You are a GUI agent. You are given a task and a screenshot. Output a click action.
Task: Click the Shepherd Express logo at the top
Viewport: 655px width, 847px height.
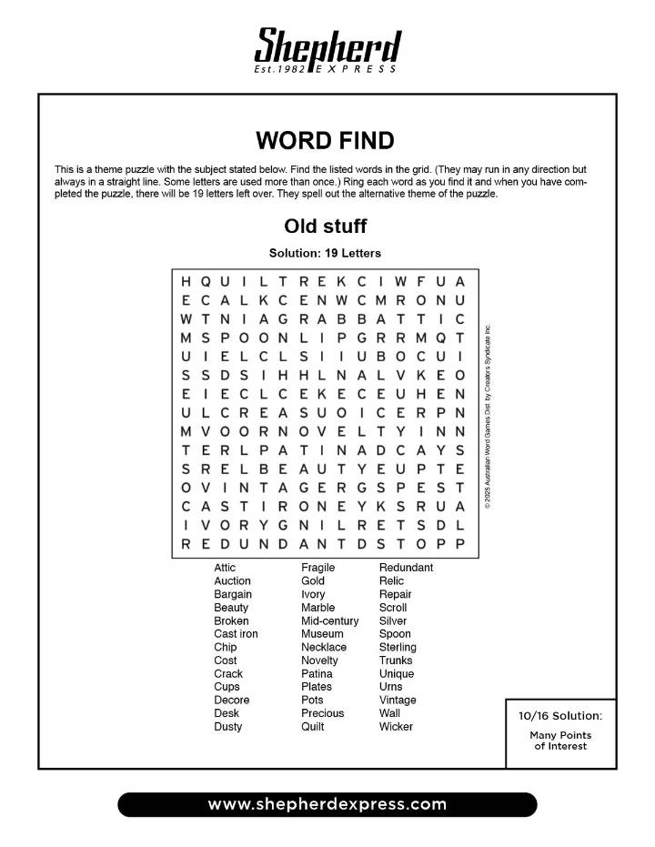click(327, 47)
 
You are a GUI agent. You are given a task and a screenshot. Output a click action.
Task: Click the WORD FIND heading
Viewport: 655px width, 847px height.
click(325, 140)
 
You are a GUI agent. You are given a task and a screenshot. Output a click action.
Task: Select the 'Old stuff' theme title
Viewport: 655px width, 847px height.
click(325, 226)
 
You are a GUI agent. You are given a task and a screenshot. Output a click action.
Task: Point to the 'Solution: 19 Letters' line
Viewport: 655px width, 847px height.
click(325, 252)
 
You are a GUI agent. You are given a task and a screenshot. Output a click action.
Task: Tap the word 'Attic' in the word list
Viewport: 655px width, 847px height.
click(225, 568)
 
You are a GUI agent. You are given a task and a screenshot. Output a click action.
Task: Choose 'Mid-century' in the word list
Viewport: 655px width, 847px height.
click(329, 620)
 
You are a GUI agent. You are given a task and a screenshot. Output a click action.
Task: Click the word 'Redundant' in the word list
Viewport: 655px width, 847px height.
click(406, 568)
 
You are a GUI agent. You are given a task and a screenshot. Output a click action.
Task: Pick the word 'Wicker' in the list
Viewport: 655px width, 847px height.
click(396, 727)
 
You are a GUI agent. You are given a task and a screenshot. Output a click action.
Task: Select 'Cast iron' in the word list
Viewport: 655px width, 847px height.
click(236, 634)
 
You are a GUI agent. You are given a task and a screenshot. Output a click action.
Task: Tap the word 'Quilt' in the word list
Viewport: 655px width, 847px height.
click(313, 727)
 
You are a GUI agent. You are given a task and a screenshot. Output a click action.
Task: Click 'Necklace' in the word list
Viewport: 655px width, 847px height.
click(324, 647)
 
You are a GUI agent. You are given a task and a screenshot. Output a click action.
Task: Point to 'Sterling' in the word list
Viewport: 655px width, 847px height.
click(398, 647)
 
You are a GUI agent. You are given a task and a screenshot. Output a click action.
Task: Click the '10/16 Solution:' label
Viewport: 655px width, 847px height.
click(560, 716)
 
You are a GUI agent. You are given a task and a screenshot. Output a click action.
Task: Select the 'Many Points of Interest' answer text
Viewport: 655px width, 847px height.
click(560, 741)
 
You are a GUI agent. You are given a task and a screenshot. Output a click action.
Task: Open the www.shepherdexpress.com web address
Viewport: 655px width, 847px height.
click(327, 804)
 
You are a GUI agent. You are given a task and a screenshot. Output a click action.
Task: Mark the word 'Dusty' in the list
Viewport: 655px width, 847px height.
click(227, 727)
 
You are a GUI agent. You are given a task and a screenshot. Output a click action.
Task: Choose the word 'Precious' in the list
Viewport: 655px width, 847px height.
click(323, 713)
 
